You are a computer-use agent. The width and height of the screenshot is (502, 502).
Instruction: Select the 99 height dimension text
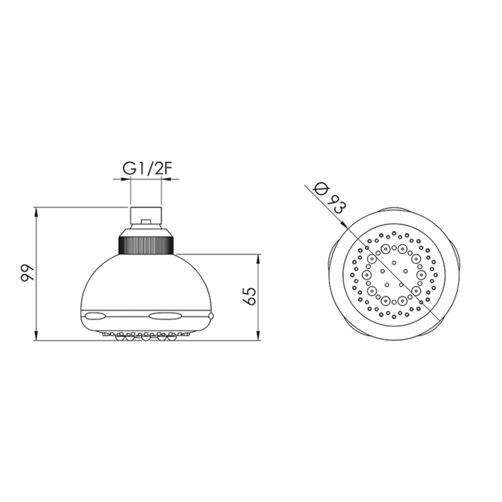[x=27, y=273]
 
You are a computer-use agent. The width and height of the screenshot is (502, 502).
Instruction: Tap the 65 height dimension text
[x=250, y=296]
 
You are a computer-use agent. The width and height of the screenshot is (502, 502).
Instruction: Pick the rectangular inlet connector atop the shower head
[x=146, y=215]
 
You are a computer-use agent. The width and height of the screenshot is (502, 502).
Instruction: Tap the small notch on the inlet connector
[x=146, y=221]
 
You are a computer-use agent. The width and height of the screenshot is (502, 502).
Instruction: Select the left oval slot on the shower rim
[x=95, y=317]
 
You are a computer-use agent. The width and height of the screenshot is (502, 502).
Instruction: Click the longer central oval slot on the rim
[x=166, y=317]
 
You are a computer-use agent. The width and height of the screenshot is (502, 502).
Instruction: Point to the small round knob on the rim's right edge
[x=210, y=316]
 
